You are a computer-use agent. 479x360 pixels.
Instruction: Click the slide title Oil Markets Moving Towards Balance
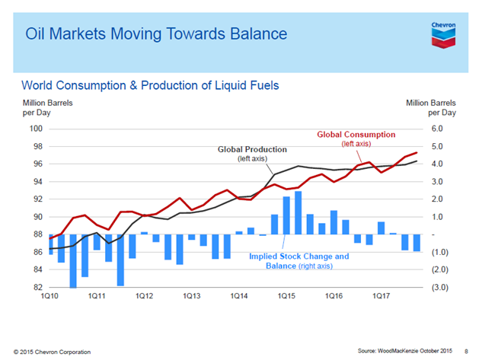click(156, 34)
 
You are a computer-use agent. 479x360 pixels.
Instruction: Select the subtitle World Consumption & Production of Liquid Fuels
click(151, 84)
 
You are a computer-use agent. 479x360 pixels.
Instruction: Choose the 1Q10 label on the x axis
click(50, 296)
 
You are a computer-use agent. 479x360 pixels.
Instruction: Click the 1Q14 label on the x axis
click(239, 296)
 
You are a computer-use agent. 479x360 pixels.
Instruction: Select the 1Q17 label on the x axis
click(380, 296)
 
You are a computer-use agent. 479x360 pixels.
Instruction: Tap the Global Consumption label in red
click(352, 135)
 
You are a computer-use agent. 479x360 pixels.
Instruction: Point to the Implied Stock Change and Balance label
click(299, 261)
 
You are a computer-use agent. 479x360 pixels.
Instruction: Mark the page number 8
click(466, 350)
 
